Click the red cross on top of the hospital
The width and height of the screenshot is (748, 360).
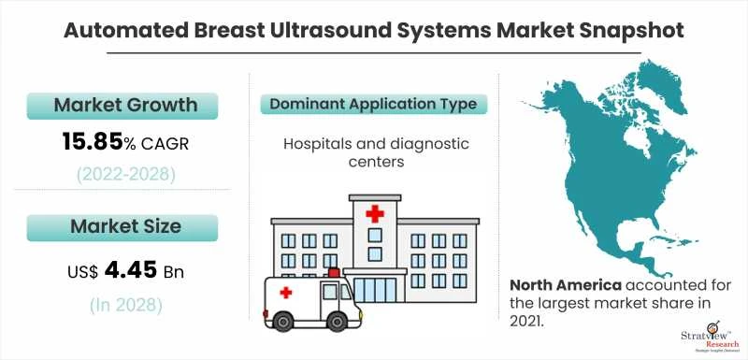pyautogui.click(x=375, y=214)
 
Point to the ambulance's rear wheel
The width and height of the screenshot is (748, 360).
pyautogui.click(x=280, y=320)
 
